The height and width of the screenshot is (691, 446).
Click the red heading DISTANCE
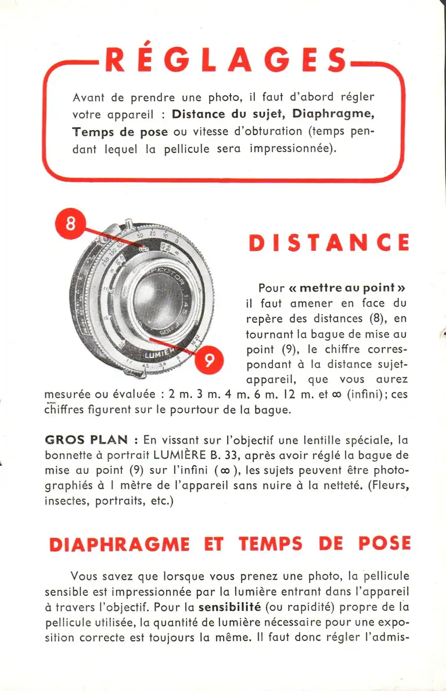[x=329, y=243]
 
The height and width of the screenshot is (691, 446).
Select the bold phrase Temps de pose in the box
[x=120, y=131]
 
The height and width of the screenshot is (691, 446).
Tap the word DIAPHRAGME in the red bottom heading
[x=119, y=544]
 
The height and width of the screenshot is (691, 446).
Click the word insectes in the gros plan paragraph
[x=66, y=500]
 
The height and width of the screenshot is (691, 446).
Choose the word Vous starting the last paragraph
[x=85, y=577]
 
